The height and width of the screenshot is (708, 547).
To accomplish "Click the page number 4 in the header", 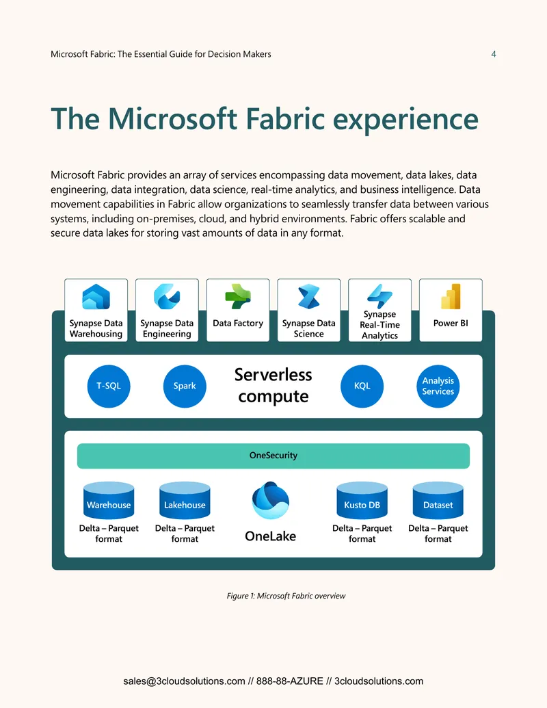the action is coord(494,54).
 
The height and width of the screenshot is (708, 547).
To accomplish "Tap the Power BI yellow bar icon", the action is coord(451,296).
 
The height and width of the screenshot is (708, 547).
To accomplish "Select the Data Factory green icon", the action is coord(238,296).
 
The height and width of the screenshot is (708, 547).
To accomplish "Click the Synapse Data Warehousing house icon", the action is coord(96,296).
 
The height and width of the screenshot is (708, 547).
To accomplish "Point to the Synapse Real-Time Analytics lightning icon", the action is coord(379,296).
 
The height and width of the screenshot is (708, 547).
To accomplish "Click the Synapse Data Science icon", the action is coord(308,296).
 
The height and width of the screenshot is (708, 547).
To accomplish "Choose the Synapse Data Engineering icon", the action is coord(167,296).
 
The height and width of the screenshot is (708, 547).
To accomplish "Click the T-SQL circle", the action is coord(109,386).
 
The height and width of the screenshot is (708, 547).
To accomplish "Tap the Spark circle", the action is coord(185,386).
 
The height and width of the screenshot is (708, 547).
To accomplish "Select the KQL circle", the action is coord(362,386).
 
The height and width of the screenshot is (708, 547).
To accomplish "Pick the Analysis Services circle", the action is coord(438,386).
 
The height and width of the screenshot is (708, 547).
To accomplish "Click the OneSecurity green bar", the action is coord(273,456).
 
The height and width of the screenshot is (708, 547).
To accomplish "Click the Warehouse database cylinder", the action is coord(109,500).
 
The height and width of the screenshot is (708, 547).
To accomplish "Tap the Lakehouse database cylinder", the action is coord(185,500).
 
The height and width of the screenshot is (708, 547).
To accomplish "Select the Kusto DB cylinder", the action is coord(362,500).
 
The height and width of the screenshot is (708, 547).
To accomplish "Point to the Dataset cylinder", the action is coord(438,500).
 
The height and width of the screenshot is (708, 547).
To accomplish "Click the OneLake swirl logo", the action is coord(270,500).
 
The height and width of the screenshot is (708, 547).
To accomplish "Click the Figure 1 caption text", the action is coord(286,596).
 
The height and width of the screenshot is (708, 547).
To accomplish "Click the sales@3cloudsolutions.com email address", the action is coord(184,681).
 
